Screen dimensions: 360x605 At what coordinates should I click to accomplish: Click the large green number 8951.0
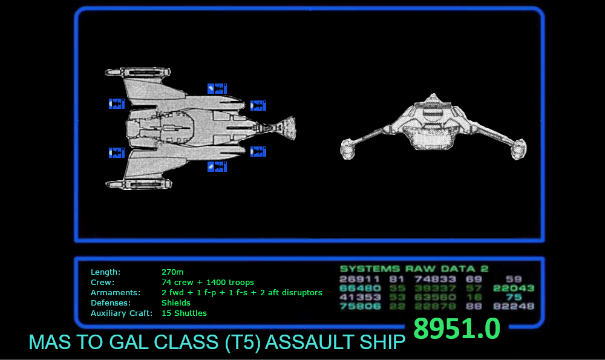[456, 329]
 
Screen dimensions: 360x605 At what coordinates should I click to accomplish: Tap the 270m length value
[172, 272]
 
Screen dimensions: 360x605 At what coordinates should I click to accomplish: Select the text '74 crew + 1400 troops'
[208, 282]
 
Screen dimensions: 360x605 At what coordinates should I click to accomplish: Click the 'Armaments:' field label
[115, 292]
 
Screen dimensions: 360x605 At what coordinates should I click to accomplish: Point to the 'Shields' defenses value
[176, 303]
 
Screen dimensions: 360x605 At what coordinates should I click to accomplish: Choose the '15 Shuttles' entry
[184, 313]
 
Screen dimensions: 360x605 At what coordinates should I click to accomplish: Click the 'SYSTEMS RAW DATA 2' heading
[414, 269]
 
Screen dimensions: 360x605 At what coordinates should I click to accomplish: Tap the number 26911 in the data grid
[360, 279]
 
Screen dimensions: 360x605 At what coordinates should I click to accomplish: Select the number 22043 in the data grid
[514, 288]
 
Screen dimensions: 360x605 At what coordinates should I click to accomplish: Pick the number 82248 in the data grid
[514, 306]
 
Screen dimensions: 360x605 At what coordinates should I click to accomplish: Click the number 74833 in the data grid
[435, 279]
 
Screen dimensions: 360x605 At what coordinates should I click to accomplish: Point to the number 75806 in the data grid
[360, 306]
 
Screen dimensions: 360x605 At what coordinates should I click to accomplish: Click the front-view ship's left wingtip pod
[348, 149]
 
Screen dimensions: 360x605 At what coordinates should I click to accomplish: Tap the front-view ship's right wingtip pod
[518, 149]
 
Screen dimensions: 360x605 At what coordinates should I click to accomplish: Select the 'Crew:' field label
[102, 282]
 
